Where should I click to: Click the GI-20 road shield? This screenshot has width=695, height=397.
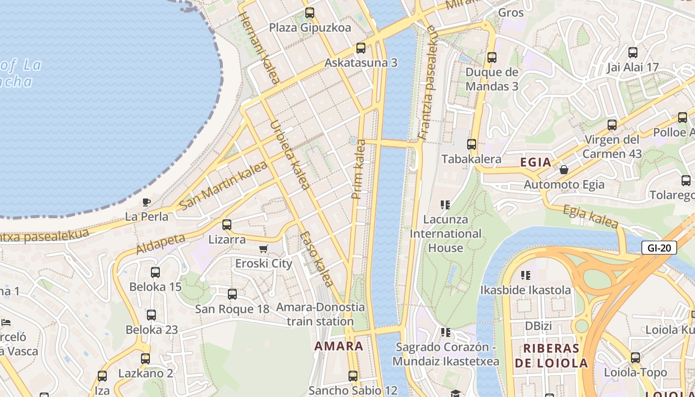[x=659, y=248]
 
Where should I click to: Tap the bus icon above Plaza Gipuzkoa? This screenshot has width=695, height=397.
[x=310, y=13]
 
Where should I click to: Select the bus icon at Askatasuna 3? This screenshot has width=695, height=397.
[x=361, y=48]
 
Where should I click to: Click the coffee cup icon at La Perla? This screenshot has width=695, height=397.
[x=146, y=202]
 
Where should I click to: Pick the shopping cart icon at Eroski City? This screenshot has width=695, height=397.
[x=264, y=249]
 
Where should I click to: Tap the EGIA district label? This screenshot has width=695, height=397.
[x=536, y=162]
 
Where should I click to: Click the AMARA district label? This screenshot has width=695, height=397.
[x=339, y=346]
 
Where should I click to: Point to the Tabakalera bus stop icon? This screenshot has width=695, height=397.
[x=472, y=144]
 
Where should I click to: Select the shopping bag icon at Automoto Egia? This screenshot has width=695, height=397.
[x=564, y=170]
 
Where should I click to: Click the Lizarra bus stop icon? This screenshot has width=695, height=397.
[x=227, y=224]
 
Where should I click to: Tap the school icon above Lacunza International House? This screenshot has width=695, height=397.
[x=445, y=204]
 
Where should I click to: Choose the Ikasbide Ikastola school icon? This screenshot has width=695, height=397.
[x=526, y=275]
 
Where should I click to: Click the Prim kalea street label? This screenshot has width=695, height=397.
[x=359, y=169]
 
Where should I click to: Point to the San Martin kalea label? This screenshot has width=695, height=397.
[x=223, y=185]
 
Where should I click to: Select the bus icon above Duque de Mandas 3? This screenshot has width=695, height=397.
[x=492, y=57]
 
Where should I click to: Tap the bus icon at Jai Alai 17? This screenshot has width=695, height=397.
[x=633, y=52]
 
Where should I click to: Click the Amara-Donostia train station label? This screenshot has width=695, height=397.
[x=320, y=314]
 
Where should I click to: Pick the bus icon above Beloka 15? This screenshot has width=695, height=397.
[x=155, y=272]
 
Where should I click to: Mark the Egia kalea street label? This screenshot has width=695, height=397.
[x=591, y=217]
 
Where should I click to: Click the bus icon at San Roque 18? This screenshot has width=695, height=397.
[x=232, y=294]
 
